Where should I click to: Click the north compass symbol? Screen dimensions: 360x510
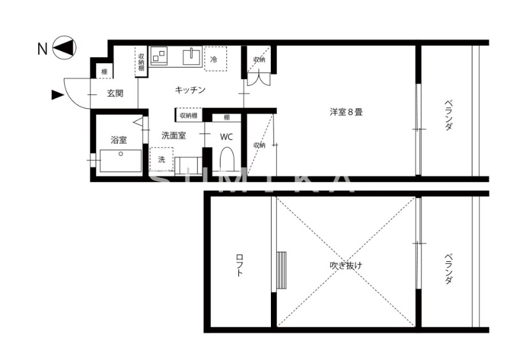pos(64,48)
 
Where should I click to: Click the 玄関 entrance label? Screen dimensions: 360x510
pos(115,93)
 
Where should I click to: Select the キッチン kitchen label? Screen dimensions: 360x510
pos(190,90)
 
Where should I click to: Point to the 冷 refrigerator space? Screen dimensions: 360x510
pos(215,58)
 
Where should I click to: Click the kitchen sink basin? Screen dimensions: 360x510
pos(191,57)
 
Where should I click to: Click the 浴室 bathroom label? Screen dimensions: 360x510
pos(119,140)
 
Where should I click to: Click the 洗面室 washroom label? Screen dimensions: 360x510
pos(173,135)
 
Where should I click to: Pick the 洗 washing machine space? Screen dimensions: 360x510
pos(161,159)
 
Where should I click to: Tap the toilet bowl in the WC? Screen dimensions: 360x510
pos(228,160)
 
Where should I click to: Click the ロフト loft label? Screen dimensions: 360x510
pos(240,264)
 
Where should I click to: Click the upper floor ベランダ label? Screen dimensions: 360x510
pos(448,115)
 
